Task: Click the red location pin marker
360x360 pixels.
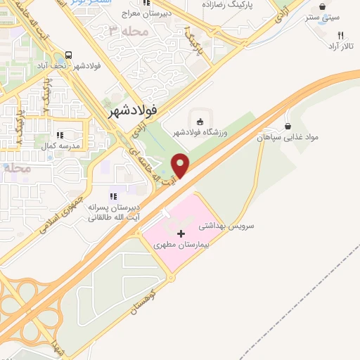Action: (x=181, y=165)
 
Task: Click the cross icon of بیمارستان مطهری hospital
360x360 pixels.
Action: (x=181, y=233)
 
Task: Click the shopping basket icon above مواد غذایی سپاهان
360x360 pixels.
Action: (x=288, y=126)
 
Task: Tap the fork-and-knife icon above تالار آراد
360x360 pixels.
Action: (x=340, y=34)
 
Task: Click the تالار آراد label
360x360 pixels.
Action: (x=341, y=46)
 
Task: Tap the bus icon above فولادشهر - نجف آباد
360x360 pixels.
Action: (x=68, y=54)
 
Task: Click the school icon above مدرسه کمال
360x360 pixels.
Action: (x=60, y=134)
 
